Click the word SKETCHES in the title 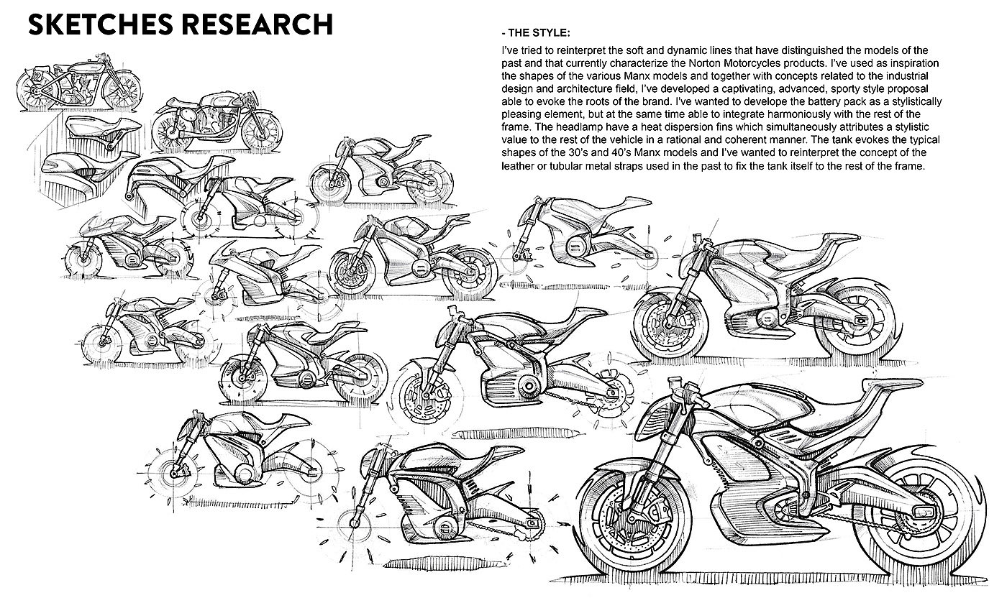100,24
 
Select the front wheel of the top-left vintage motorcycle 122,91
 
